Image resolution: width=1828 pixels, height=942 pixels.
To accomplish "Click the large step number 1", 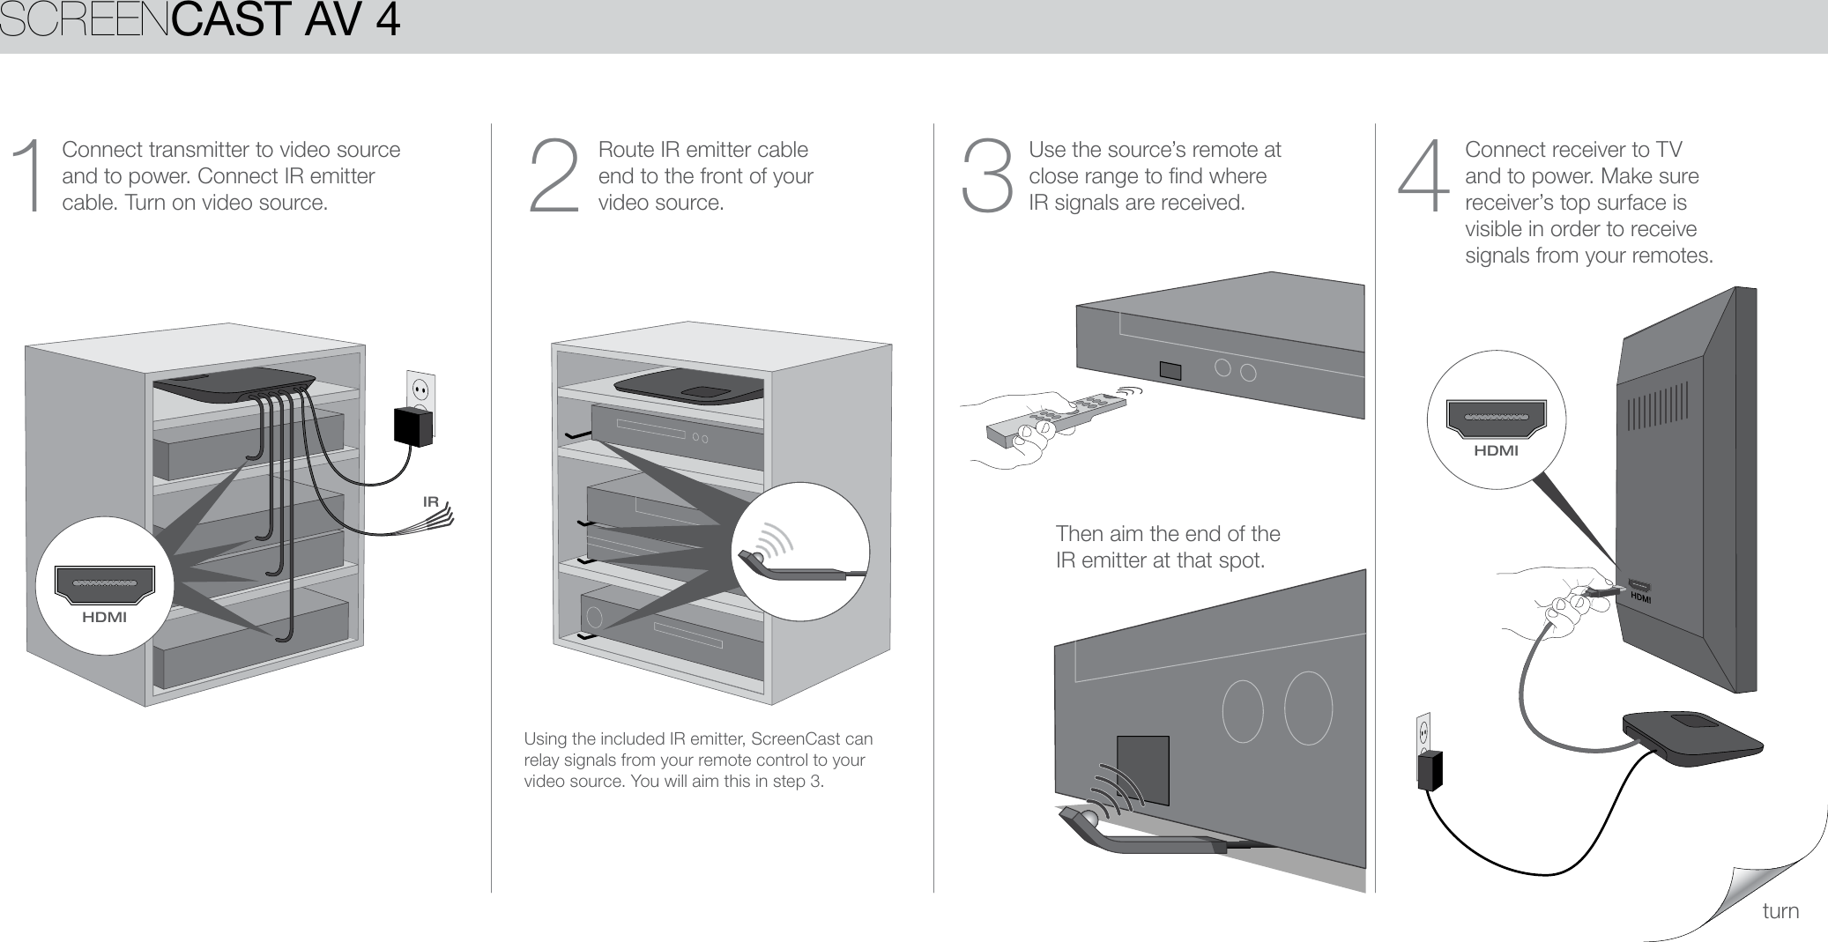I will pyautogui.click(x=32, y=176).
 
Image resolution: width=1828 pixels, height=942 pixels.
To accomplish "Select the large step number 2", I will pyautogui.click(x=554, y=176).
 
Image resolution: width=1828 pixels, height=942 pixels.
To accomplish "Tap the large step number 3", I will pyautogui.click(x=987, y=176).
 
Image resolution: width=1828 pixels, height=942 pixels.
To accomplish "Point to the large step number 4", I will pyautogui.click(x=1423, y=176).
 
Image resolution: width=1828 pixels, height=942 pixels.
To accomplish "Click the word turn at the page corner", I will pyautogui.click(x=1780, y=911).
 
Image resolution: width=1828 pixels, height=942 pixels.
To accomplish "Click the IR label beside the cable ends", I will pyautogui.click(x=430, y=501).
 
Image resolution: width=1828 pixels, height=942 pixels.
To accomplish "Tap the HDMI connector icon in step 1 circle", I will pyautogui.click(x=104, y=584).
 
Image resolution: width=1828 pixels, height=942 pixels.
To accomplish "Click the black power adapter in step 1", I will pyautogui.click(x=412, y=426).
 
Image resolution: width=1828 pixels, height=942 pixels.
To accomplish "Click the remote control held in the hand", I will pyautogui.click(x=1054, y=416).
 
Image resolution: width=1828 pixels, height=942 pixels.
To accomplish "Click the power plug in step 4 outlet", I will pyautogui.click(x=1430, y=769).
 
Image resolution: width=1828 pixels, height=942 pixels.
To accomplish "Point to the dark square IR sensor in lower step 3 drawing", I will pyautogui.click(x=1143, y=768).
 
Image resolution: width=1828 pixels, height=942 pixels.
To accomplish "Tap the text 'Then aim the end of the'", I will pyautogui.click(x=1167, y=533).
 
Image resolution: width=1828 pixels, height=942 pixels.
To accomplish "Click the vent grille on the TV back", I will pyautogui.click(x=1657, y=406).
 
